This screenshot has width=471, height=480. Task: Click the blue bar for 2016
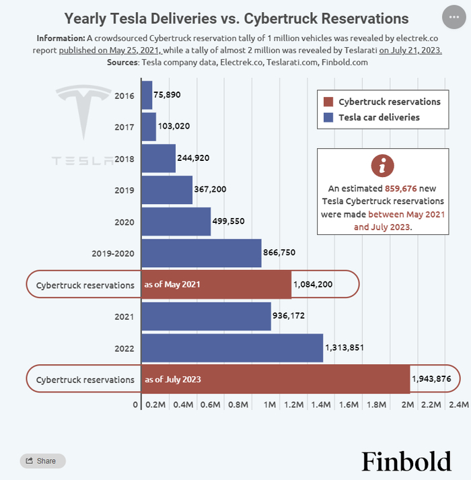click(x=146, y=95)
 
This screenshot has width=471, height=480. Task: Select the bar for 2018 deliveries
click(x=158, y=158)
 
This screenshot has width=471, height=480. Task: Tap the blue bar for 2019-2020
click(x=201, y=252)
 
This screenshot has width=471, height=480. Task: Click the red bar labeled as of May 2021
click(x=215, y=285)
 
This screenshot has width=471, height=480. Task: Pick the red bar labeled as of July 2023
click(x=275, y=380)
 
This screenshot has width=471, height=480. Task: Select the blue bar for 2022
click(x=231, y=348)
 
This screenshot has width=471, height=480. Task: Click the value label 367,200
click(x=211, y=190)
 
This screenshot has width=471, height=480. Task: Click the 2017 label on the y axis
click(x=124, y=127)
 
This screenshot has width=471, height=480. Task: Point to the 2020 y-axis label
click(x=124, y=221)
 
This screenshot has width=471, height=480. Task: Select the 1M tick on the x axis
click(x=270, y=405)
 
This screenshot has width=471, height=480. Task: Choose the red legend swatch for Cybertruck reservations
click(x=328, y=102)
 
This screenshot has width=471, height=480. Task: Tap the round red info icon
click(x=382, y=166)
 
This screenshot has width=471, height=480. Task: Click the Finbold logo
click(x=406, y=461)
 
